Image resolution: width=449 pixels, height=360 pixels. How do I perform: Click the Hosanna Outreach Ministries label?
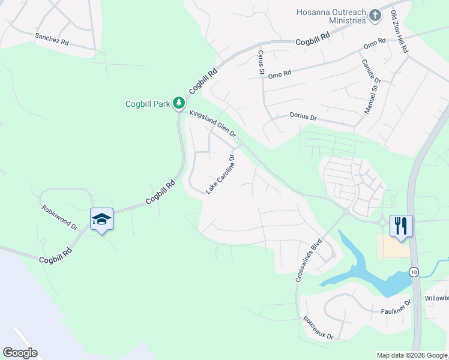pos(331,16)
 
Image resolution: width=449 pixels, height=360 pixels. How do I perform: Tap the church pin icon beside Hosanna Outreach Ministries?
pos(375,15)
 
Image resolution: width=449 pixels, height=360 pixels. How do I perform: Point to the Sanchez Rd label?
pos(52,40)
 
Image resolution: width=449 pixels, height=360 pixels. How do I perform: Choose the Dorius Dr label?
pos(303,116)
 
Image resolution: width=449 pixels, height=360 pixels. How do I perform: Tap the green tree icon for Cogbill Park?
pos(178,104)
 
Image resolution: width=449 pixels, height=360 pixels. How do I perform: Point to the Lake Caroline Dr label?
pos(220,174)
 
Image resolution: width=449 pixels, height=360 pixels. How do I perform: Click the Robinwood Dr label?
pos(60,217)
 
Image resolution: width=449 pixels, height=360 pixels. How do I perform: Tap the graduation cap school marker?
pos(102,220)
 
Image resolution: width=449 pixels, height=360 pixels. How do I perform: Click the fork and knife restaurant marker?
pos(401,226)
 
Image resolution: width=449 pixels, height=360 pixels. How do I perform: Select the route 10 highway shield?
pos(414,272)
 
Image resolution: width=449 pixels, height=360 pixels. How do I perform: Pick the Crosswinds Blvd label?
pos(309,262)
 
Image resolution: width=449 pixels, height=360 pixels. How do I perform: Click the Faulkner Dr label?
pos(395,311)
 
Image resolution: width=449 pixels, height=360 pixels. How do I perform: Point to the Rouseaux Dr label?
pos(318,328)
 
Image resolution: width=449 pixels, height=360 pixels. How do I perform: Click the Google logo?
pos(20,353)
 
